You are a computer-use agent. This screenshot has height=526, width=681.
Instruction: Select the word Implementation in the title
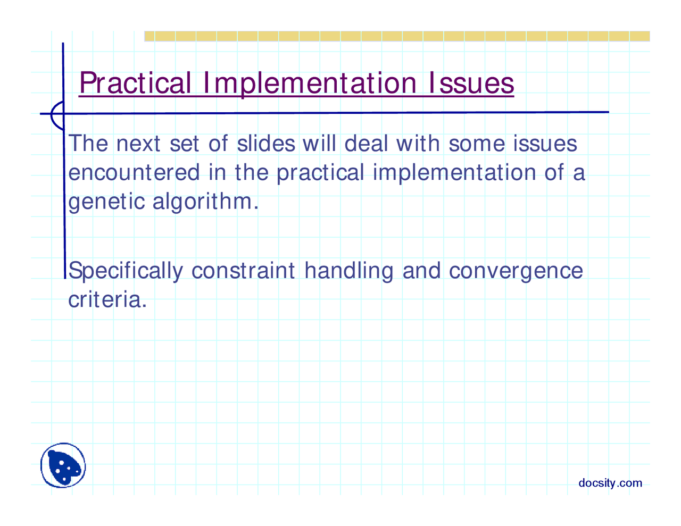pyautogui.click(x=310, y=84)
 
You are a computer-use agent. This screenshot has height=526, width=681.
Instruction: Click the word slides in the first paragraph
pyautogui.click(x=266, y=143)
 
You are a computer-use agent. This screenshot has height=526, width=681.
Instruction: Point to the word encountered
pyautogui.click(x=134, y=172)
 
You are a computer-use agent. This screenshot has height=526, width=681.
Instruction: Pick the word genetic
pyautogui.click(x=106, y=203)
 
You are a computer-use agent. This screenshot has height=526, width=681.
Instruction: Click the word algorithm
pyautogui.click(x=205, y=202)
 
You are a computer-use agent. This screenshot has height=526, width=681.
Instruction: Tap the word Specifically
pyautogui.click(x=126, y=271)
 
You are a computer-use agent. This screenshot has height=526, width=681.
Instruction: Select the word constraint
pyautogui.click(x=243, y=271)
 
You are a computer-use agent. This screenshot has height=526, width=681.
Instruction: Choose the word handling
pyautogui.click(x=348, y=271)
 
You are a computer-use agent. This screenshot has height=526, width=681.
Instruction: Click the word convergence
pyautogui.click(x=516, y=272)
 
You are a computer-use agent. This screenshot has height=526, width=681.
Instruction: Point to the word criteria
pyautogui.click(x=107, y=299)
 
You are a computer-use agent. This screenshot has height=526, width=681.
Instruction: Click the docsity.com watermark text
pyautogui.click(x=610, y=483)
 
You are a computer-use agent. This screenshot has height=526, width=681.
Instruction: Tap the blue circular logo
pyautogui.click(x=63, y=465)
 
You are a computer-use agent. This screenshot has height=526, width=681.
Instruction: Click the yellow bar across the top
pyautogui.click(x=397, y=36)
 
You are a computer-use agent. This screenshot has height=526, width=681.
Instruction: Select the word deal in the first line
pyautogui.click(x=366, y=143)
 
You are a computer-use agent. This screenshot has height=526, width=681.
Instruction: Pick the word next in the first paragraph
pyautogui.click(x=138, y=144)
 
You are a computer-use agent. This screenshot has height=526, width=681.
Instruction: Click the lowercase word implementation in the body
pyautogui.click(x=454, y=173)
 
